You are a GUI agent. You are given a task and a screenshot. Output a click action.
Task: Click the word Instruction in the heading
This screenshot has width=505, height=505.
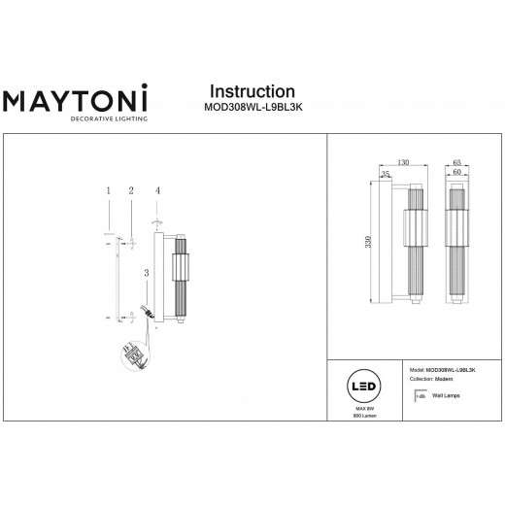(x=252, y=91)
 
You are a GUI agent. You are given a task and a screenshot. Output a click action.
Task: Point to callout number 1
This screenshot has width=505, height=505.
(x=108, y=191)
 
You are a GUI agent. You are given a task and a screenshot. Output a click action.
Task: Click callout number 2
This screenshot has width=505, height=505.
(x=129, y=191)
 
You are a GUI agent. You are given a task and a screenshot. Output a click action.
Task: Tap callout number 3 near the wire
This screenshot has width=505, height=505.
(x=146, y=275)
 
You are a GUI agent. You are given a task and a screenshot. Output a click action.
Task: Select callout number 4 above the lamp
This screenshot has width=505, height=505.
(x=156, y=191)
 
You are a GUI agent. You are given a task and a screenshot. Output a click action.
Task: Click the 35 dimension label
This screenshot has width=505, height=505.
(x=386, y=175)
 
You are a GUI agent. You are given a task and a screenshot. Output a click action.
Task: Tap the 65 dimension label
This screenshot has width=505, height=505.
(x=457, y=163)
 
